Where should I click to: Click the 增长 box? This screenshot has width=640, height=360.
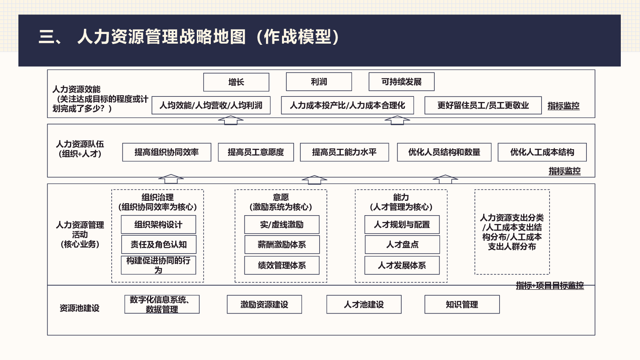pos(236,82)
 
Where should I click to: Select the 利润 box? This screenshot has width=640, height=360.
pos(319,82)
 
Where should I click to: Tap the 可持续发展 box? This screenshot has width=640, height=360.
pos(402,82)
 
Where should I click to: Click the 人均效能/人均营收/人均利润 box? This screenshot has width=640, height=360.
pos(211,106)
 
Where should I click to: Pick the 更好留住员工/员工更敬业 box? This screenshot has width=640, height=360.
pos(483,106)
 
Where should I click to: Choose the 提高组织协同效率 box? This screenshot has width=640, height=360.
pos(166,152)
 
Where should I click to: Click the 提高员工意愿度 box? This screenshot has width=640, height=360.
pos(256,152)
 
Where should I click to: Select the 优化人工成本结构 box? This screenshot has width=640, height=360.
pos(542,152)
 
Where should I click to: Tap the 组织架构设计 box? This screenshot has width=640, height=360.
pos(158,224)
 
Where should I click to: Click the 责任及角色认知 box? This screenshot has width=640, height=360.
pos(158,244)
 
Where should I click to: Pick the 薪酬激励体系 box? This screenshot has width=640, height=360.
pos(282,244)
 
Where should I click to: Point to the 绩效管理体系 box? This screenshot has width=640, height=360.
pos(282,266)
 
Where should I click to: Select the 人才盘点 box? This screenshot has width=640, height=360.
pos(402,244)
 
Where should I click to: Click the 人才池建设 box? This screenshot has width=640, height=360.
pos(364,304)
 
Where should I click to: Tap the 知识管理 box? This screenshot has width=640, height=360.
pos(462,304)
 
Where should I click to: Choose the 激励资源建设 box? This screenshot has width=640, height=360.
pos(264,304)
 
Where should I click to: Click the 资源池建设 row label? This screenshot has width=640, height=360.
pos(80,308)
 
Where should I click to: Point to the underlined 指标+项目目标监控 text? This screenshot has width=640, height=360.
pos(550,286)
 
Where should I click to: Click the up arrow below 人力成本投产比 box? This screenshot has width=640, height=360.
pos(397,120)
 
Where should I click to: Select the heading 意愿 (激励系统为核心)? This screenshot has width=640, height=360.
pos(281,202)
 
